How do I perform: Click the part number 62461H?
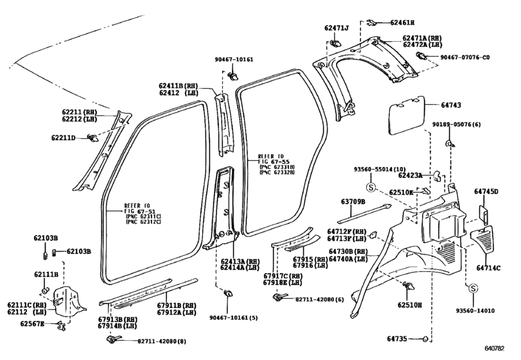[x=402, y=22]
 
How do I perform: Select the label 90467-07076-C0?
[x=465, y=57]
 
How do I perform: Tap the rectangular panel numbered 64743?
[x=407, y=115]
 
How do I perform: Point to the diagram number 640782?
[x=494, y=348]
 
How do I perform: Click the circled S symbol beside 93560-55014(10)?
[x=371, y=187]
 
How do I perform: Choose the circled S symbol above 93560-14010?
[x=473, y=288]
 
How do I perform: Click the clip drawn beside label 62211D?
[x=93, y=138]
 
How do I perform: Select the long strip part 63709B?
[x=364, y=213]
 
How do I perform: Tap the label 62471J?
[x=337, y=28]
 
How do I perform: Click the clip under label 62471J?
[x=335, y=43]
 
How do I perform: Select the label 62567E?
[x=32, y=323]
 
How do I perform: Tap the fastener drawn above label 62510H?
[x=409, y=286]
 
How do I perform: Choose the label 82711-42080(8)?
[x=162, y=341]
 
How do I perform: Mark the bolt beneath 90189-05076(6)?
[x=450, y=144]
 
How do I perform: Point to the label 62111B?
[x=46, y=274]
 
